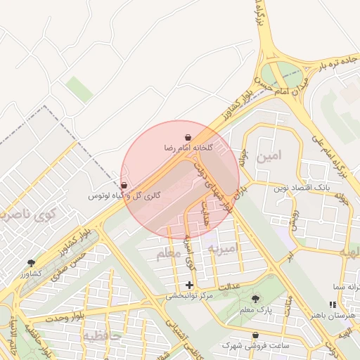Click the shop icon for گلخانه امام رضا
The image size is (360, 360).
188,137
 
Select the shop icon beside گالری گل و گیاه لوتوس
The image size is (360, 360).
124,185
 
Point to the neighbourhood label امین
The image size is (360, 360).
268,157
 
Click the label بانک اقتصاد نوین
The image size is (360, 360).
301,188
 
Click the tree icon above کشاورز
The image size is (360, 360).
31,262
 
